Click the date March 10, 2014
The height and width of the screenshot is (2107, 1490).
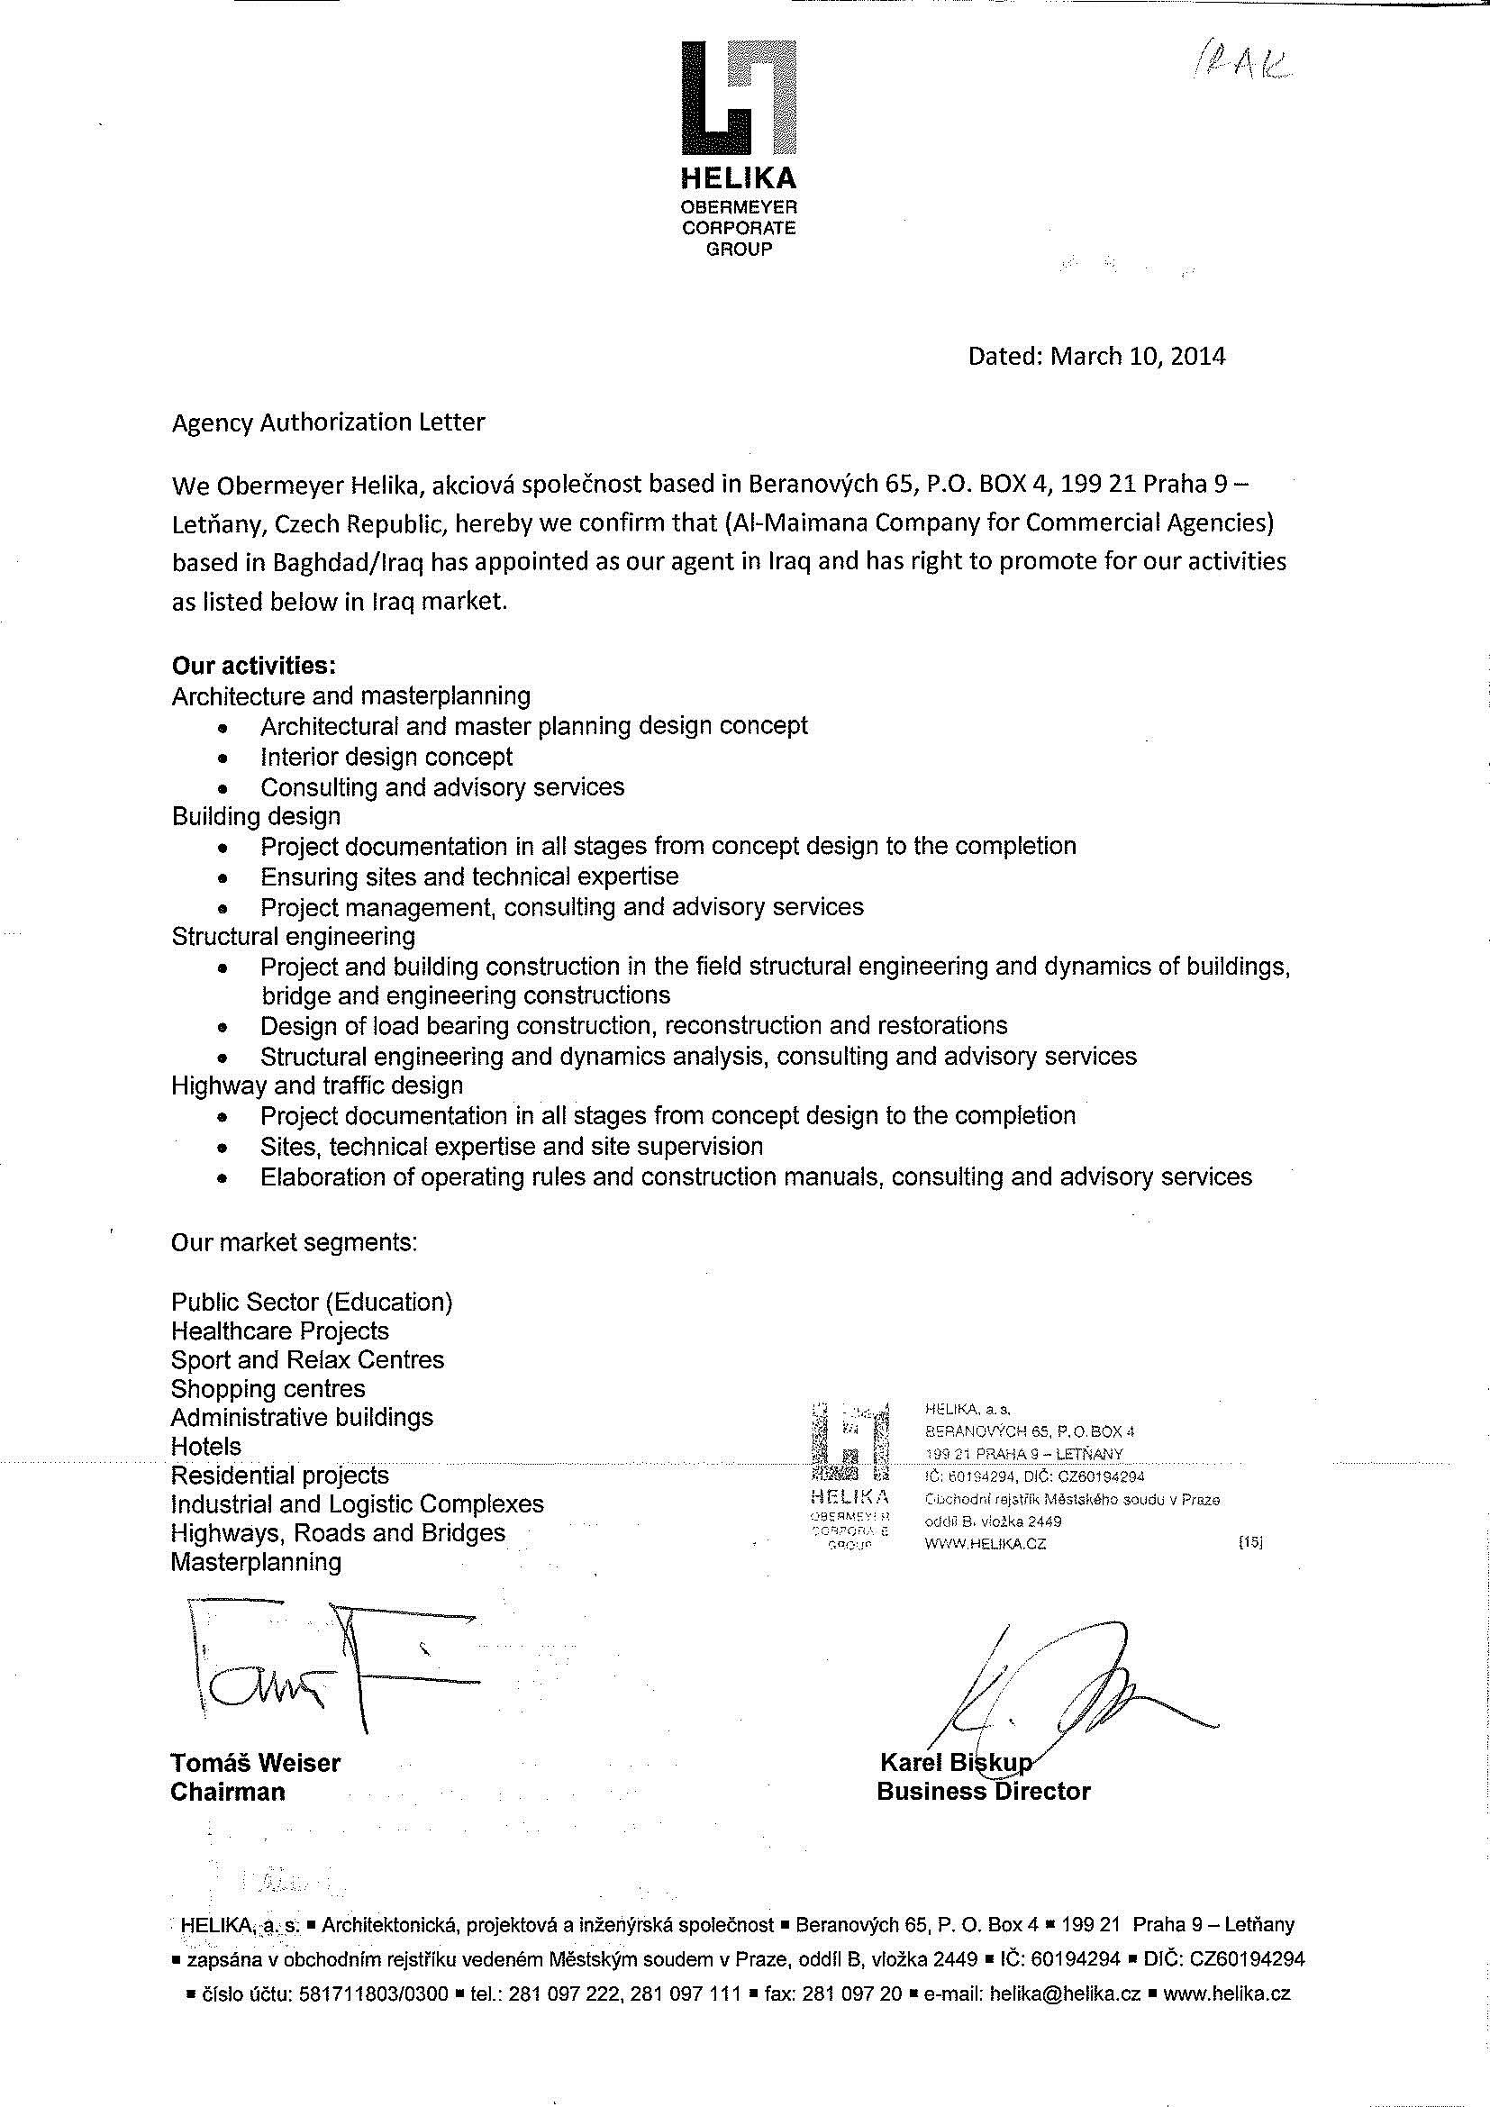click(x=1137, y=356)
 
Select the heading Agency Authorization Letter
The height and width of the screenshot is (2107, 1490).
click(x=329, y=422)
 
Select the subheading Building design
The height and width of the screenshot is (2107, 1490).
click(x=256, y=816)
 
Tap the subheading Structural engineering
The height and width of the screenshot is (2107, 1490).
click(x=293, y=936)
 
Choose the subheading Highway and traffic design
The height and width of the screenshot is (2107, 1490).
click(x=316, y=1085)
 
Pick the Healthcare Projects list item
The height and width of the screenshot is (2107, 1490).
click(x=280, y=1330)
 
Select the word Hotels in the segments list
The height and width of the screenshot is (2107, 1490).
click(x=205, y=1447)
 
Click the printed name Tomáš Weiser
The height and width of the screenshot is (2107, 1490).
click(x=255, y=1763)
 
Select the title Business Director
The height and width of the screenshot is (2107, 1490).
click(x=984, y=1792)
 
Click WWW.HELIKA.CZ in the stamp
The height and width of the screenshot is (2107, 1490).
click(x=986, y=1544)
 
